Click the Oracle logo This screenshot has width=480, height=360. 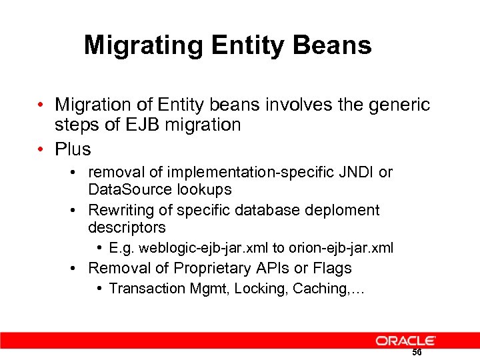click(405, 341)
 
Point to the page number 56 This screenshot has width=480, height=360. click(417, 353)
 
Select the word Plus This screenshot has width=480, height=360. click(73, 148)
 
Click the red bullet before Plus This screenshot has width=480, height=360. click(41, 148)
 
